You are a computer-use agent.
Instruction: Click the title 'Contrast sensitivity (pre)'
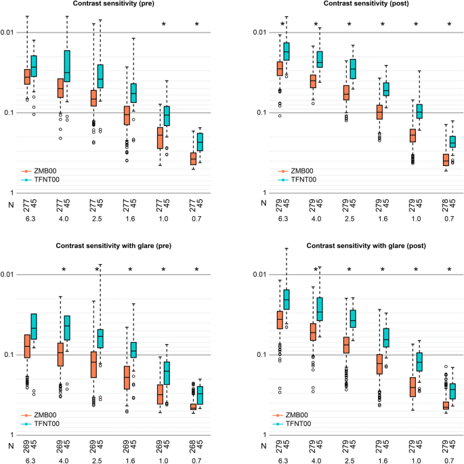point(112,4)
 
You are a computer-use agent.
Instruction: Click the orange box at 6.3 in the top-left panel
point(27,77)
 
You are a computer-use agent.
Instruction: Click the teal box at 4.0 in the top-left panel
point(66,66)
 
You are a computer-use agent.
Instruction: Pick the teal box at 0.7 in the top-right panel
point(452,141)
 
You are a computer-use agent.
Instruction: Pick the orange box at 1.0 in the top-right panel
point(413,135)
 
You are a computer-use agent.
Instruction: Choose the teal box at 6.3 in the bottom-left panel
point(33,326)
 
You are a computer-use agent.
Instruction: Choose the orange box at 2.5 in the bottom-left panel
point(93,364)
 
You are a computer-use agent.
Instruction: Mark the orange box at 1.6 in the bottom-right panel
point(379,364)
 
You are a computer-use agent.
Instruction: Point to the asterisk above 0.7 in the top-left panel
point(197,25)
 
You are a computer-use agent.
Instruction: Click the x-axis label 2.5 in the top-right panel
point(350,219)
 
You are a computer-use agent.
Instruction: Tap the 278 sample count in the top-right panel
point(446,204)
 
